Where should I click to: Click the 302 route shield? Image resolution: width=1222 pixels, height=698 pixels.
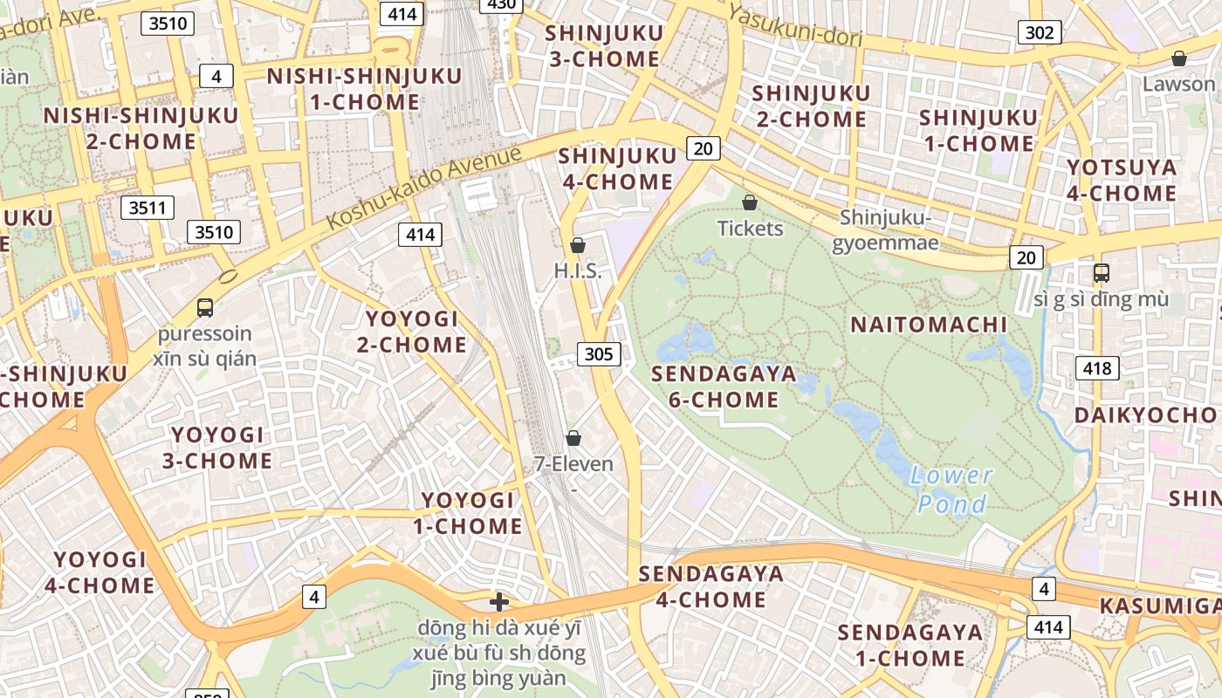[1039, 33]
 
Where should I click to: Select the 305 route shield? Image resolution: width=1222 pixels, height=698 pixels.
[598, 353]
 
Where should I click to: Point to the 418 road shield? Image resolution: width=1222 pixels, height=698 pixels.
[1096, 368]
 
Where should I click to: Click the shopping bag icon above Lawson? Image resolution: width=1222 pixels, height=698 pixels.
[1178, 58]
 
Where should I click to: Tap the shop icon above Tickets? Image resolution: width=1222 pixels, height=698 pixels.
[749, 203]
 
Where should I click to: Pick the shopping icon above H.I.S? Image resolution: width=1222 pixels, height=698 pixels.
[577, 245]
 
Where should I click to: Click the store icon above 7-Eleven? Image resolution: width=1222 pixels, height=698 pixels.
[573, 437]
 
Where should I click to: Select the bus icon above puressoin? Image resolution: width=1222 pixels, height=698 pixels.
[205, 307]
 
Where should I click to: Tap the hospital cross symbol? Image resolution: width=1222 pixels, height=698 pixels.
[499, 601]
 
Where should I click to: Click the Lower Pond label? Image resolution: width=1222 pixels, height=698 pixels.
[951, 489]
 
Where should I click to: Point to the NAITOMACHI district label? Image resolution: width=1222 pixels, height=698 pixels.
[929, 325]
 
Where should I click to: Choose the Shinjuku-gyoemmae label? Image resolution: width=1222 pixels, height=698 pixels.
[889, 229]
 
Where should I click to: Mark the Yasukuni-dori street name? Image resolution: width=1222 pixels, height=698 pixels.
[794, 25]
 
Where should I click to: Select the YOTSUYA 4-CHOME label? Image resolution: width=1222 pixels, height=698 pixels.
[1122, 180]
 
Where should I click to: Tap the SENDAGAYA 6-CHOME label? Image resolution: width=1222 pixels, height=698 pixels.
[724, 387]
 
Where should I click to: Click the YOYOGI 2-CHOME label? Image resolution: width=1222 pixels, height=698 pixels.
[411, 331]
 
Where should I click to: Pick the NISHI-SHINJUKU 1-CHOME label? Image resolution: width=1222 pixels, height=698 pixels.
[364, 88]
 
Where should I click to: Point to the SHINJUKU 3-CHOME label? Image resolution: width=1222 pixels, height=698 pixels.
[602, 46]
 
